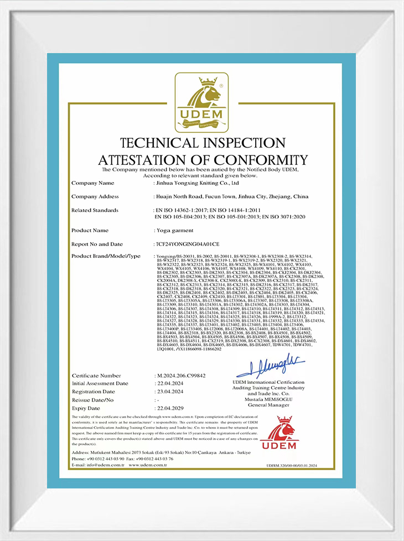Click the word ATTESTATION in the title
click(146, 159)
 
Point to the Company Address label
click(95, 196)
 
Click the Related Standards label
click(95, 210)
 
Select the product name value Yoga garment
click(174, 230)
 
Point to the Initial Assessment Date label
click(100, 383)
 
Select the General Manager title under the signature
click(269, 405)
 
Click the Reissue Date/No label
click(92, 399)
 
